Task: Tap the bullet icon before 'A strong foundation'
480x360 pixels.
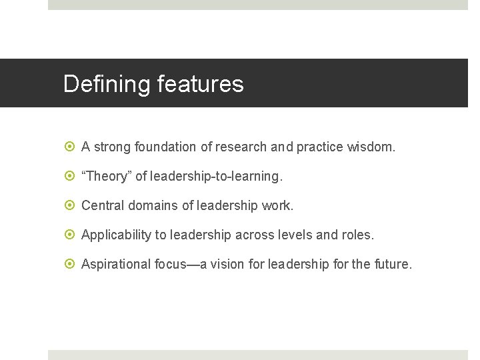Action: click(71, 147)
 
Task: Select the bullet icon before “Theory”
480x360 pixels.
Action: click(71, 176)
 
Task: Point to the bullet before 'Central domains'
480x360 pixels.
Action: click(71, 205)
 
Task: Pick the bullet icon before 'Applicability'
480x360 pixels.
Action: click(71, 235)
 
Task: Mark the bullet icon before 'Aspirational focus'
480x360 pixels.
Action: click(71, 264)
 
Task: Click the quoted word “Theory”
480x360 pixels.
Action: click(106, 176)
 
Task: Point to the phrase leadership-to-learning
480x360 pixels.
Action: click(216, 176)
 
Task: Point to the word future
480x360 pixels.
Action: click(393, 264)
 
